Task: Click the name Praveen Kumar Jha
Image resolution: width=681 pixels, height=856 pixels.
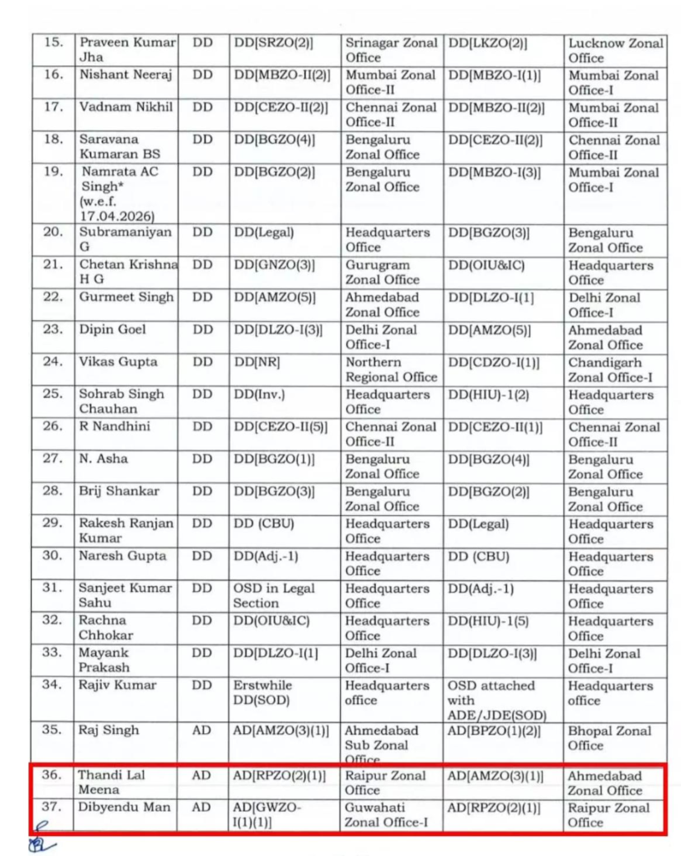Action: [127, 50]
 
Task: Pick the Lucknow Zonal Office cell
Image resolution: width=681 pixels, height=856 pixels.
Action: [616, 50]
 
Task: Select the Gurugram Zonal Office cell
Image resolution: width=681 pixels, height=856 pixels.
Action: [383, 273]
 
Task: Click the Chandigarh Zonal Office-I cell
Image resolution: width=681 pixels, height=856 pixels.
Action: [611, 369]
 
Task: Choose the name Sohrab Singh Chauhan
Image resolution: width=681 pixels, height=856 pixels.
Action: [121, 401]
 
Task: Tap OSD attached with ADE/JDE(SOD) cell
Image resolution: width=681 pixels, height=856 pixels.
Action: [490, 700]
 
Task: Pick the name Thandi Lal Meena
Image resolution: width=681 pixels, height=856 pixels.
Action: [112, 782]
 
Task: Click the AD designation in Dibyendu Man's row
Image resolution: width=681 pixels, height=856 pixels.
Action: [201, 808]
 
